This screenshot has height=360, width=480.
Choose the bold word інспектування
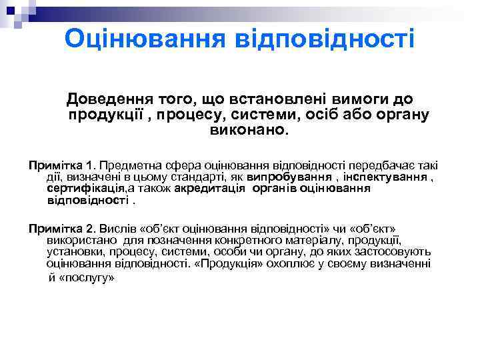coord(386,177)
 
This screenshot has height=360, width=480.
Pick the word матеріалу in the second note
coord(293,240)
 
